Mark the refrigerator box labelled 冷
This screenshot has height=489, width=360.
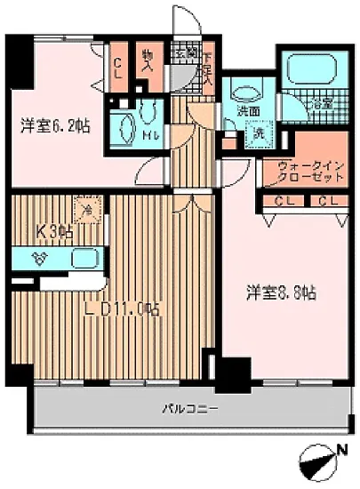(87, 212)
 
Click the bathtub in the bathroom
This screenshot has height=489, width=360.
(309, 68)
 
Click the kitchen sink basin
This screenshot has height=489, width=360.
(83, 261)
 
